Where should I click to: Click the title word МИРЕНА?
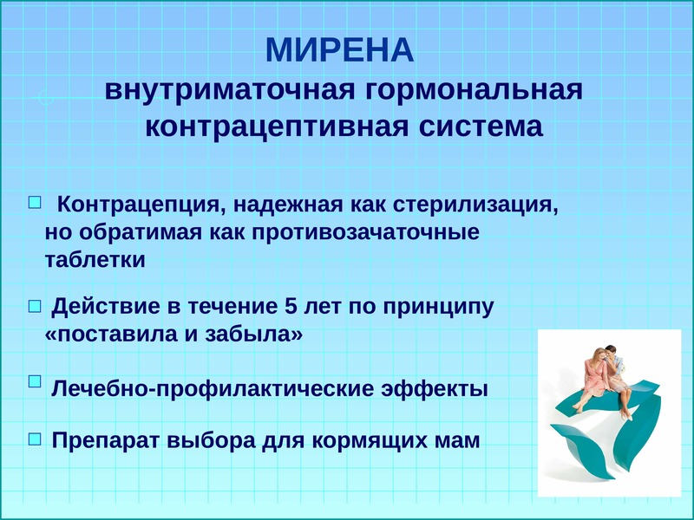pyautogui.click(x=340, y=50)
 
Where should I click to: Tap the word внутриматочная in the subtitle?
pyautogui.click(x=230, y=90)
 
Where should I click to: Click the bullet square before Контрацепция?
pyautogui.click(x=35, y=203)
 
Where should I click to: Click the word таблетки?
pyautogui.click(x=95, y=259)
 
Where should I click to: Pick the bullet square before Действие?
pyautogui.click(x=35, y=306)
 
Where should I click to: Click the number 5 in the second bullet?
pyautogui.click(x=291, y=307)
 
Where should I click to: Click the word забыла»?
pyautogui.click(x=254, y=334)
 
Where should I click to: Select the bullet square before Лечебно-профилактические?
pyautogui.click(x=35, y=381)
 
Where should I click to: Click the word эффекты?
pyautogui.click(x=435, y=388)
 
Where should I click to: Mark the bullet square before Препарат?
pyautogui.click(x=35, y=439)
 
